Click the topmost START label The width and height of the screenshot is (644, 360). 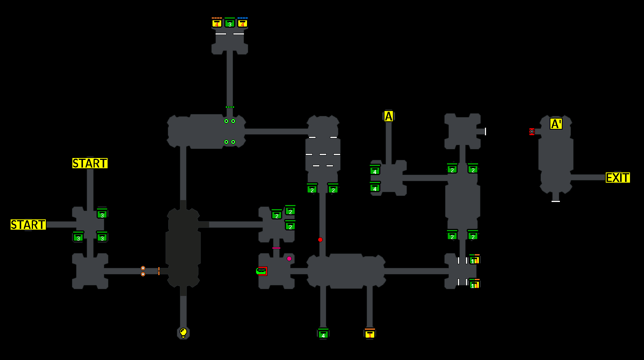90,163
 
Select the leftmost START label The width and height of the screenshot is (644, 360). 28,225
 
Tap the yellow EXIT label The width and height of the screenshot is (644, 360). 617,178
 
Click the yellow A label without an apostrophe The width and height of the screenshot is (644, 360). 389,116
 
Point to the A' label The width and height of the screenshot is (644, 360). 556,124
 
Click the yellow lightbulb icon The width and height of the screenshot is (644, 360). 183,333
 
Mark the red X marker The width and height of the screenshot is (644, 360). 532,131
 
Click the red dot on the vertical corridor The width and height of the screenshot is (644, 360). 320,239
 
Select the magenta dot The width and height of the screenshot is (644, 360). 289,258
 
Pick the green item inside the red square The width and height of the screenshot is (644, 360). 261,271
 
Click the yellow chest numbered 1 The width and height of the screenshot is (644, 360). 370,334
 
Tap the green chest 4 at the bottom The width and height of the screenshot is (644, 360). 323,334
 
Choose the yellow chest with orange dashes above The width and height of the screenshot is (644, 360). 217,23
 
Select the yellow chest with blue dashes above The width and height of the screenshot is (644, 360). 242,23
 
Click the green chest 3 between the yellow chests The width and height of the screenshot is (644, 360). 230,23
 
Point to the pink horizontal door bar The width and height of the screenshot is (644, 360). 276,248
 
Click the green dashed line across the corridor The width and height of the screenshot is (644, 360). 230,107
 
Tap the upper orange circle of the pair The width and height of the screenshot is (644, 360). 143,268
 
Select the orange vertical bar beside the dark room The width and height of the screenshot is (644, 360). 159,271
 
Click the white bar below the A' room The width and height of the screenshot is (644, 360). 556,201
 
